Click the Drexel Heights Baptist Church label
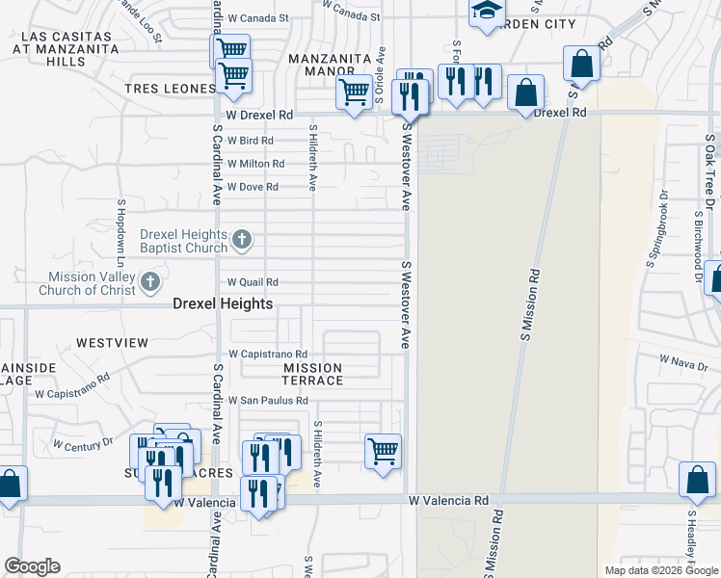coord(183,241)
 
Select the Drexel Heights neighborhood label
coord(223,303)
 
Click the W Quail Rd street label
coord(253,282)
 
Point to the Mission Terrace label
coord(312,374)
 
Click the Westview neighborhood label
coord(112,343)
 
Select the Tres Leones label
coord(169,90)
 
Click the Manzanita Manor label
coord(330,65)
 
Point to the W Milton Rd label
coord(255,164)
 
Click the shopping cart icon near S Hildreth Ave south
coord(384,450)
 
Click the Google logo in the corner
coord(33,566)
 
